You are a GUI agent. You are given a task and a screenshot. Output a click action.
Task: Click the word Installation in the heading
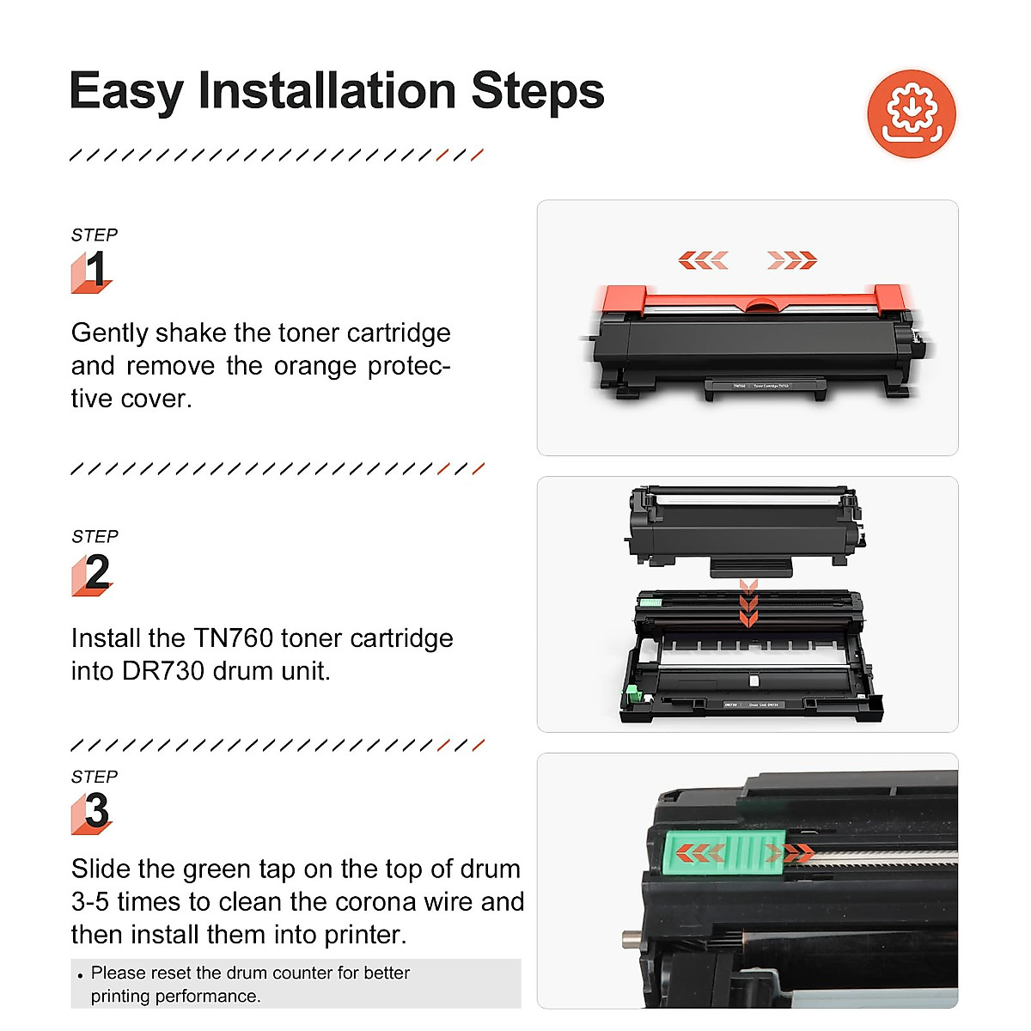click(326, 91)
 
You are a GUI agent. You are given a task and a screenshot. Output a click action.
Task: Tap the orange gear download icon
click(912, 114)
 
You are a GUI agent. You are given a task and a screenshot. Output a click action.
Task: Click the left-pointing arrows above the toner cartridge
click(703, 259)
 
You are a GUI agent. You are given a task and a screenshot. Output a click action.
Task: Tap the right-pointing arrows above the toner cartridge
click(791, 259)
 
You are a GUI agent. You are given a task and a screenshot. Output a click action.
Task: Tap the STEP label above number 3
click(95, 777)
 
